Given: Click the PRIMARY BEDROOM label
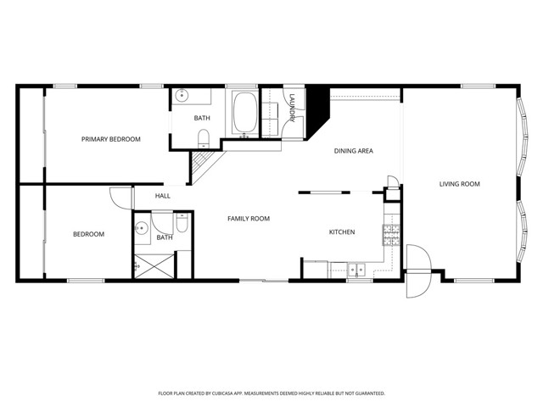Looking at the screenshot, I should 111,139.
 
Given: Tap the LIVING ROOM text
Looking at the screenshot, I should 459,184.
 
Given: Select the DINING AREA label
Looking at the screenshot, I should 353,151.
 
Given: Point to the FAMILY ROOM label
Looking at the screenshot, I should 249,219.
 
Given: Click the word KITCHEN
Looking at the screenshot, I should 342,232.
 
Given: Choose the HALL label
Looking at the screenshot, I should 163,196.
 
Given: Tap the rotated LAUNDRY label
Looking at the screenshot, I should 291,108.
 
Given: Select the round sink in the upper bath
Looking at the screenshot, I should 182,97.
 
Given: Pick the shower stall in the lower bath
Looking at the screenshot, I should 153,264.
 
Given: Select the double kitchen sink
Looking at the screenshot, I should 358,270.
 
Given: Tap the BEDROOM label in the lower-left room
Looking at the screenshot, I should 88,234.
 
